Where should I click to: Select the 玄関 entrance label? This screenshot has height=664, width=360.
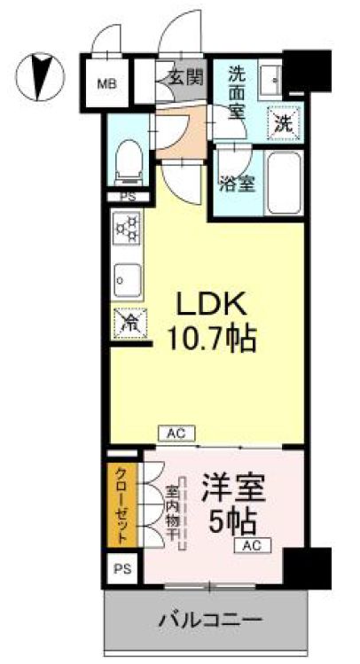coord(183,78)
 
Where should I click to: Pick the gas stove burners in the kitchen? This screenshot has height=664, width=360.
coord(124,231)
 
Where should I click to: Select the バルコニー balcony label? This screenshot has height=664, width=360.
coord(208,618)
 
